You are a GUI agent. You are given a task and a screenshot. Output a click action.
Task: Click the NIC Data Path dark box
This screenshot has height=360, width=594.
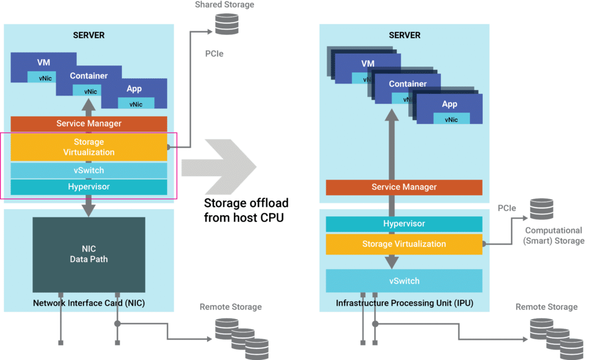tap(89, 254)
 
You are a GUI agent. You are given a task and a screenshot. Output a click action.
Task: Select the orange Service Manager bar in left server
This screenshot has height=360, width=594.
tap(89, 123)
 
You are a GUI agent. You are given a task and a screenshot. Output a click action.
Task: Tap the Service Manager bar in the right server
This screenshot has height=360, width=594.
tap(404, 187)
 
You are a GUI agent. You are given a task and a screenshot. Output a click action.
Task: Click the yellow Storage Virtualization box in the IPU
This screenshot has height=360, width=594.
tap(404, 244)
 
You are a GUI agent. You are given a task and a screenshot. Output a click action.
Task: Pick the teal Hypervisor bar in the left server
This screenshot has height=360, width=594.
tap(89, 187)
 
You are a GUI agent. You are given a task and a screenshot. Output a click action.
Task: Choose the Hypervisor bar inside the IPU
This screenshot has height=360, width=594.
tap(404, 224)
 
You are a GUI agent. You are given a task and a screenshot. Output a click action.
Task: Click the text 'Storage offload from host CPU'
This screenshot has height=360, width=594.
tap(246, 210)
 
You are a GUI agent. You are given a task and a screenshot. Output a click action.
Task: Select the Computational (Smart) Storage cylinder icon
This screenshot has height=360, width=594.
tap(542, 209)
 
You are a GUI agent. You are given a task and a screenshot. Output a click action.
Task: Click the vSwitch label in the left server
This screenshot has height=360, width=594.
tap(89, 170)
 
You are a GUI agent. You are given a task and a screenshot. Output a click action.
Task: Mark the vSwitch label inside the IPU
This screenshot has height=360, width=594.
tap(404, 281)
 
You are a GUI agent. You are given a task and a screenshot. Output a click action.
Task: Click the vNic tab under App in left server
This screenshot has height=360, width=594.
tap(136, 104)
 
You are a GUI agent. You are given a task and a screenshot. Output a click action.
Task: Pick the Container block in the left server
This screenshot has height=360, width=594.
tap(89, 76)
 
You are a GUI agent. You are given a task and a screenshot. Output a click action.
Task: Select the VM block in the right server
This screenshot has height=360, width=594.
tap(367, 63)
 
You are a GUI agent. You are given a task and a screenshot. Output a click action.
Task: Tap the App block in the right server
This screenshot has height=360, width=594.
tap(450, 104)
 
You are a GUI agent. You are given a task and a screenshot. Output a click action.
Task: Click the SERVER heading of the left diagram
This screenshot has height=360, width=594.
tap(89, 35)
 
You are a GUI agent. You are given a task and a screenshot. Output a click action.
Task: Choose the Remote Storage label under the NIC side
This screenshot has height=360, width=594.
tap(230, 307)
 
